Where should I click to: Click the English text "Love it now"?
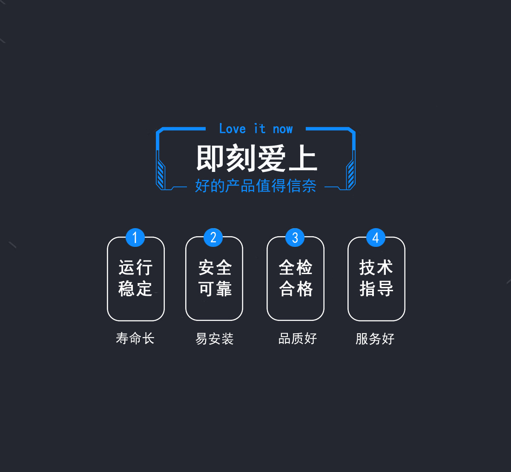255,129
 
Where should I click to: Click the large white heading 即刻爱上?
256,158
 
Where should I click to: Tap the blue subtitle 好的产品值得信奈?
255,186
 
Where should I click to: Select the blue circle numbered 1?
135,237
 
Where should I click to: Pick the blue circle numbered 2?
213,237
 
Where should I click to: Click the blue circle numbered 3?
295,237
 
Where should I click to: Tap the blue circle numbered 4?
376,237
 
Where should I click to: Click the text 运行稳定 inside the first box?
135,278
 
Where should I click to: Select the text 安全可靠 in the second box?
215,278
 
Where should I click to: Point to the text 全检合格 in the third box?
296,278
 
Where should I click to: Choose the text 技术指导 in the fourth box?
376,278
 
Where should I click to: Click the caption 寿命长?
135,338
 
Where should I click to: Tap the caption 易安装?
215,339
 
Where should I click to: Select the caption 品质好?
297,338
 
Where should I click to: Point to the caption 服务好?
375,339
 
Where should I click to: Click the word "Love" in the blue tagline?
232,129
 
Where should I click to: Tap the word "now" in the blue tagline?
283,129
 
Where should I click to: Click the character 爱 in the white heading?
271,158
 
